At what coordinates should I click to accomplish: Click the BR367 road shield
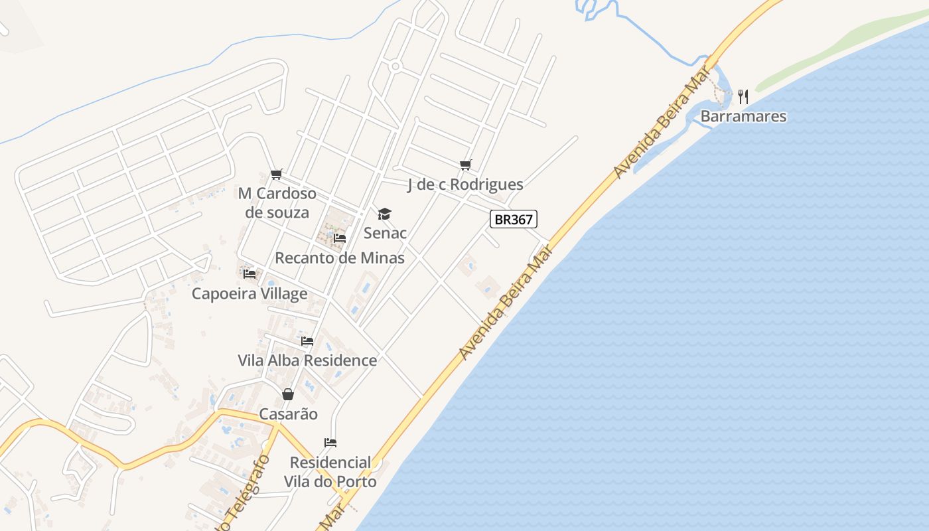click(513, 219)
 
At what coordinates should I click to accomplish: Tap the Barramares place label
click(743, 117)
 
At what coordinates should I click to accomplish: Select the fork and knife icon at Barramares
click(743, 97)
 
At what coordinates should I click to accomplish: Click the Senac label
click(385, 233)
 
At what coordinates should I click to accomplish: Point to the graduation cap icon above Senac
click(384, 214)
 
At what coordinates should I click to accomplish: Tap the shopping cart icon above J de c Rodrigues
click(466, 165)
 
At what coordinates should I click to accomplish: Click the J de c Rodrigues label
click(465, 185)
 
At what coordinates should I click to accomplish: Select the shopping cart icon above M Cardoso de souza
click(277, 175)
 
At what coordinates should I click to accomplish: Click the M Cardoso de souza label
click(277, 203)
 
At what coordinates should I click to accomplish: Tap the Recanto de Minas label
click(340, 258)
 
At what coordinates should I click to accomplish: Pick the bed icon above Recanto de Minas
click(340, 238)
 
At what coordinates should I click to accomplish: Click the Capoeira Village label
click(250, 293)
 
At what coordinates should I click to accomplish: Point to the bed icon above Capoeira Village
click(250, 273)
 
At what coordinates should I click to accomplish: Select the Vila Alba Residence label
click(307, 360)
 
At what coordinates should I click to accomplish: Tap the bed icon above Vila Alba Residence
click(307, 341)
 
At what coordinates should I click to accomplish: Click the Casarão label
click(288, 414)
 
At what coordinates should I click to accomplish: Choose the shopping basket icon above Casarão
click(288, 394)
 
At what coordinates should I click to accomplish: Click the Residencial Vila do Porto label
click(330, 472)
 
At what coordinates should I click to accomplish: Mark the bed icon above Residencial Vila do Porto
click(330, 443)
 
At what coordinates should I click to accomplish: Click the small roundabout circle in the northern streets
click(395, 66)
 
